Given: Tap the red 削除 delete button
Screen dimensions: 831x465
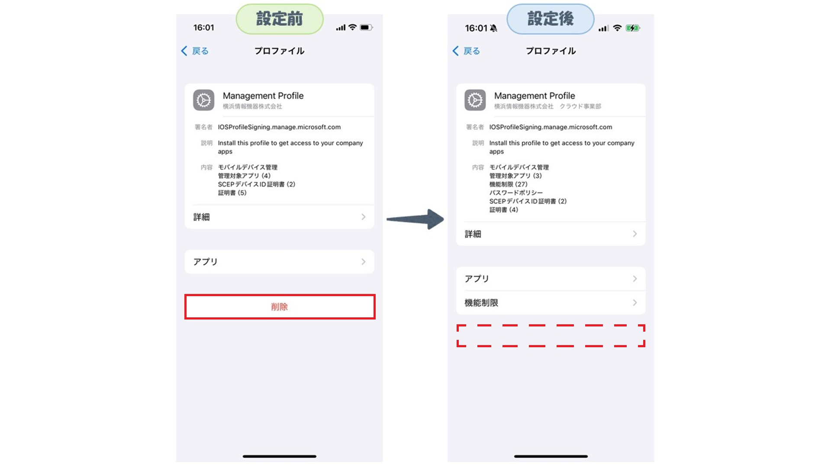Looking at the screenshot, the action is (x=280, y=307).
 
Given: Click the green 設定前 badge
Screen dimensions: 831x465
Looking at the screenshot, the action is (x=280, y=19).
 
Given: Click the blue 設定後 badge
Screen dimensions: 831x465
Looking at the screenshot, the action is (x=551, y=19).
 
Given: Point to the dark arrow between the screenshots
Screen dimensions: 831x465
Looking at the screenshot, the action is (x=415, y=219).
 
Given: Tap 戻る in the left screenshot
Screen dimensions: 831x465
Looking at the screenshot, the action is (x=195, y=51).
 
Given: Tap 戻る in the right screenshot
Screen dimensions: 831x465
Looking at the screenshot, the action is (x=466, y=51).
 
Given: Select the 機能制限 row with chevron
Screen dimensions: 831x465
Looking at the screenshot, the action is (x=551, y=303).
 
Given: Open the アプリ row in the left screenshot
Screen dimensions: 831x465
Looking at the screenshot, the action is (x=280, y=262).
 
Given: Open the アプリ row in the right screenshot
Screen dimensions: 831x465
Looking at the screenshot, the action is (x=551, y=278).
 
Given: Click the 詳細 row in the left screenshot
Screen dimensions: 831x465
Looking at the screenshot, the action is (x=280, y=217).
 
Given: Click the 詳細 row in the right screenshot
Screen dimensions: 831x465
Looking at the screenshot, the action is (x=551, y=234).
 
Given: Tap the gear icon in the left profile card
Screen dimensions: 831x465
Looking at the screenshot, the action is (x=204, y=100).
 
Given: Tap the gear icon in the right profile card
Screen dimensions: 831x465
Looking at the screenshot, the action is (x=475, y=100).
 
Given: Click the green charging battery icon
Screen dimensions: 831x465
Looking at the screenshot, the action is (x=633, y=28).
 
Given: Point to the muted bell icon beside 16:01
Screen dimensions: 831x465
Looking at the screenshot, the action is (x=493, y=28).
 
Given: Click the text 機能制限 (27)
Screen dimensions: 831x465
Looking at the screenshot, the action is (x=509, y=184).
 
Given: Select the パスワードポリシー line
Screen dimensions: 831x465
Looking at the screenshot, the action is (x=516, y=193).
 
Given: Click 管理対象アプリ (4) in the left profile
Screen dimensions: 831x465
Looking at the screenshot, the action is (x=244, y=176).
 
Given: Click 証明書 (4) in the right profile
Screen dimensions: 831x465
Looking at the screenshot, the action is (x=504, y=210).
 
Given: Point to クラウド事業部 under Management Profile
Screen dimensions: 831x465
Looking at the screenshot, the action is (x=580, y=106).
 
